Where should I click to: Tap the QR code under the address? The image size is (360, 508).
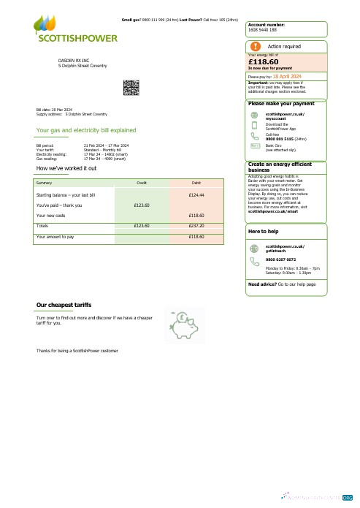131,88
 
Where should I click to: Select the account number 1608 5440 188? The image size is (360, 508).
263,30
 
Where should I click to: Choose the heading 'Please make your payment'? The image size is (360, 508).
280,104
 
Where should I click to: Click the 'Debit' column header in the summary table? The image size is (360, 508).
196,181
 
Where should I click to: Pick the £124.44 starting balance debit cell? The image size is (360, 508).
196,196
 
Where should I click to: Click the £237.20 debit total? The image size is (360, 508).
196,226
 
